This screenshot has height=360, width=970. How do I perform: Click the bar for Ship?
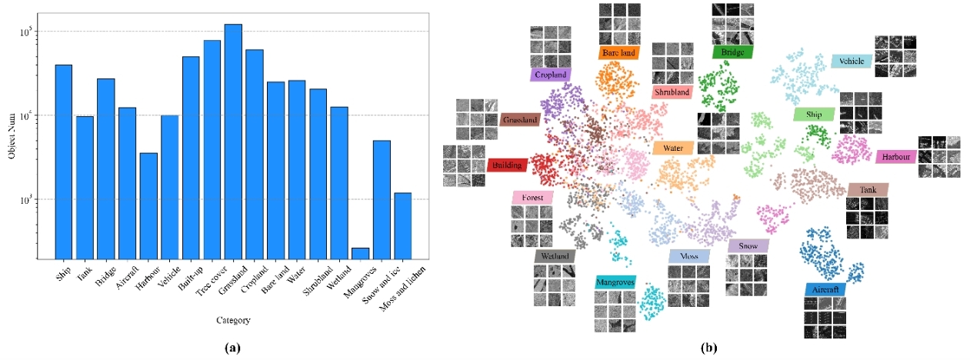64,162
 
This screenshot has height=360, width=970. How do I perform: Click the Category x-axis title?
232,320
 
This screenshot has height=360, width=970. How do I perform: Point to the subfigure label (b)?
708,348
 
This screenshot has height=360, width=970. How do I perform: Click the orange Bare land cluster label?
618,53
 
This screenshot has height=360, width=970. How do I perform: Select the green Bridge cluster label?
732,52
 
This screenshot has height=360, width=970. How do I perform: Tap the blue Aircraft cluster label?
825,290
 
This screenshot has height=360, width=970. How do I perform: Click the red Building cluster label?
508,165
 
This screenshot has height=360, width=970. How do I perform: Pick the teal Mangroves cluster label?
615,282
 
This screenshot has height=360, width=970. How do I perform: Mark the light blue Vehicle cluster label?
852,61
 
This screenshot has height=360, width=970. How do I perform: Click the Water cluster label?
672,148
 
